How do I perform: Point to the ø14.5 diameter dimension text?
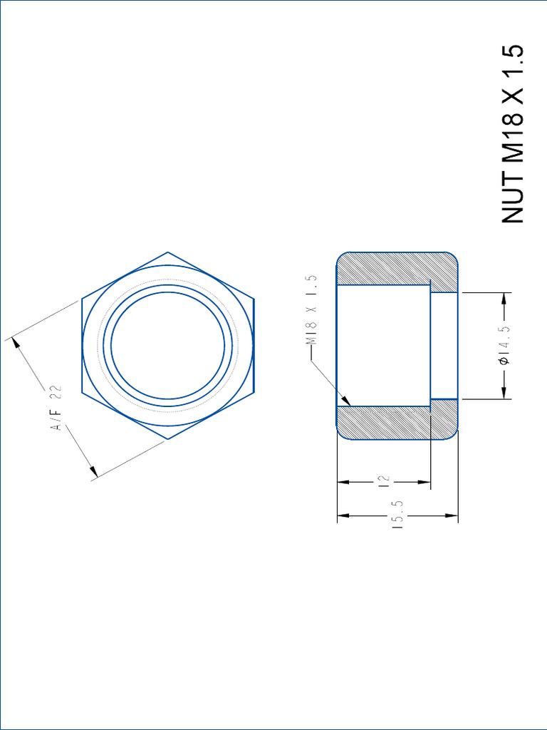pyautogui.click(x=505, y=346)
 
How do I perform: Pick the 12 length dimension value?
pyautogui.click(x=385, y=483)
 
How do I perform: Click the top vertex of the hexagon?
pyautogui.click(x=168, y=252)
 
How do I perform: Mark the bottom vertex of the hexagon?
pyautogui.click(x=168, y=439)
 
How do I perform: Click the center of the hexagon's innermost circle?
pyautogui.click(x=168, y=346)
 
